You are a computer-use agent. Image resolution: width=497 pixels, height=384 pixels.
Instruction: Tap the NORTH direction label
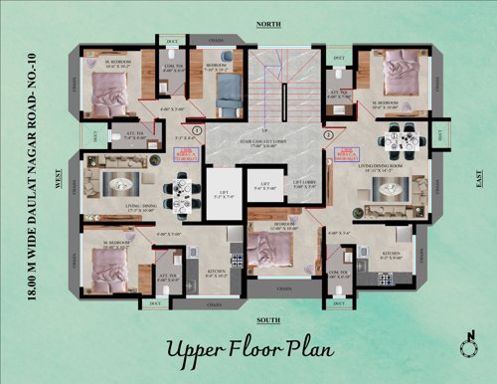(x=267, y=23)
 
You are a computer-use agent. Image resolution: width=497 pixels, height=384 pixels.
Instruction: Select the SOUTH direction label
(x=267, y=319)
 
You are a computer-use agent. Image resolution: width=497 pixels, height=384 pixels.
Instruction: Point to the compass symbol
(x=469, y=342)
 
